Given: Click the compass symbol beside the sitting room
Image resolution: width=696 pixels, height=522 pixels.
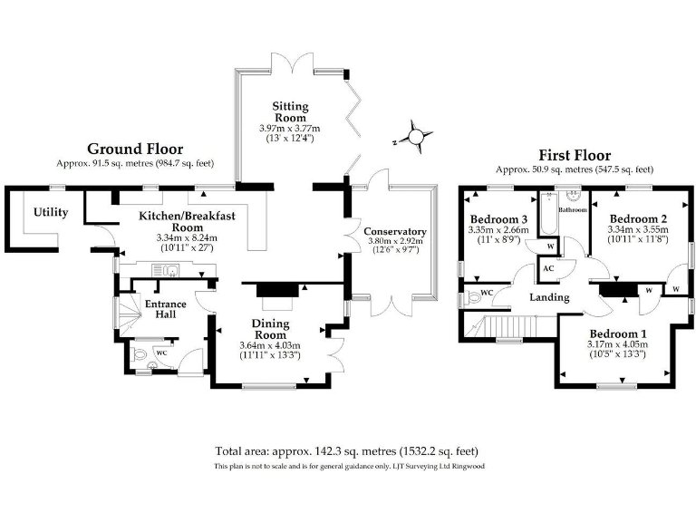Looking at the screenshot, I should click(415, 137).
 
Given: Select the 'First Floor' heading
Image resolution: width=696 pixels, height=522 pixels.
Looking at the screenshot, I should click(575, 155).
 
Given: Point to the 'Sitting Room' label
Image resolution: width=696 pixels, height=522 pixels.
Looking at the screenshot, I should click(291, 111).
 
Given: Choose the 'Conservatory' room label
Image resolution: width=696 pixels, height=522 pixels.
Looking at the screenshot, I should click(394, 231).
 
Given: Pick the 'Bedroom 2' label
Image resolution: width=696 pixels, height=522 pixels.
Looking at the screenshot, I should click(638, 218).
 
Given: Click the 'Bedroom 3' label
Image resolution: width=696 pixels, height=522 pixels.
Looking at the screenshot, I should click(498, 219).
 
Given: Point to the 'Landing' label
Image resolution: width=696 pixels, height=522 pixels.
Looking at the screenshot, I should click(550, 297).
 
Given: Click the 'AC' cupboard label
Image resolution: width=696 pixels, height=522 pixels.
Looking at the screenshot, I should click(548, 269).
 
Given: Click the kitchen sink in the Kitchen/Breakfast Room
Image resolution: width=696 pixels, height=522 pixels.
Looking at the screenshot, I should click(169, 269).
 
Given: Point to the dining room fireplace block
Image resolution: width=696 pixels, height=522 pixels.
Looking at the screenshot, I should click(275, 290).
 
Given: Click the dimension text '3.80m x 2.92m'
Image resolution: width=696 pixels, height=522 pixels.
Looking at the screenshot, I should click(394, 242).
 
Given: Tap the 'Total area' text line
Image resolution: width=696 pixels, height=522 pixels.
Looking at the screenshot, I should click(346, 451).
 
